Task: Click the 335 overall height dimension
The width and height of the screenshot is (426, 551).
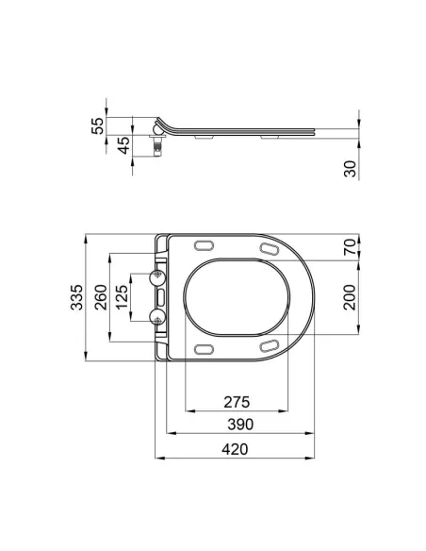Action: click(74, 295)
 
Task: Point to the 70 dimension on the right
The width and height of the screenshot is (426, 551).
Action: click(350, 248)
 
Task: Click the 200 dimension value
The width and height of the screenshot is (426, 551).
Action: click(350, 297)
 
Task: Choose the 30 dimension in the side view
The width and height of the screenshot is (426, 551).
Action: click(350, 169)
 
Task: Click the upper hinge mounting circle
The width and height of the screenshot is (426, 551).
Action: click(157, 278)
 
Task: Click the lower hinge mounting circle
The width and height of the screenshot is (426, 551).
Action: click(157, 315)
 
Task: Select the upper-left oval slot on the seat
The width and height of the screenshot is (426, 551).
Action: click(202, 246)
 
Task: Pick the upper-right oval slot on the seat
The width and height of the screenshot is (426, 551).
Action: click(268, 248)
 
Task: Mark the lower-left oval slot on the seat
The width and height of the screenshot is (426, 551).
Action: click(202, 348)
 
